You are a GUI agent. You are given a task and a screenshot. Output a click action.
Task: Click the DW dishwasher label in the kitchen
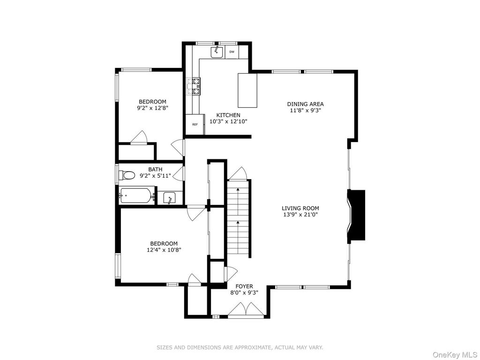232,52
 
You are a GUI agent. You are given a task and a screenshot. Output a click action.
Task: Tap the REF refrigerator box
195,124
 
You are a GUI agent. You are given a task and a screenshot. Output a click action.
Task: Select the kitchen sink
217,52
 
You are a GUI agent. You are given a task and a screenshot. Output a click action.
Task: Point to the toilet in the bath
127,175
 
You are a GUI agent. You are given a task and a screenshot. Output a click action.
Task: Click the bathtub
135,195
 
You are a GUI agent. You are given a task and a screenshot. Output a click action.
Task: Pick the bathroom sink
169,197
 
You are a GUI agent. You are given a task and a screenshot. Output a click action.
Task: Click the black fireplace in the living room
356,215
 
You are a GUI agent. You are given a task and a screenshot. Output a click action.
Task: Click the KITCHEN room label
228,115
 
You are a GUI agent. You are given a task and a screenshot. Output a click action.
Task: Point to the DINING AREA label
305,104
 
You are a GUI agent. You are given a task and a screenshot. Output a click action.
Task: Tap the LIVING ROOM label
300,209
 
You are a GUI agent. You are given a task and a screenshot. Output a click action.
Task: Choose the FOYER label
244,286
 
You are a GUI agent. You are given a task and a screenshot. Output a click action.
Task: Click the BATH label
155,169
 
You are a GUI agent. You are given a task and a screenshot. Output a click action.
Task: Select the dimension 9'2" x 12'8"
153,108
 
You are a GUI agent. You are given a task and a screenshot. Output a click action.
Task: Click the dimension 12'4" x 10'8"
164,250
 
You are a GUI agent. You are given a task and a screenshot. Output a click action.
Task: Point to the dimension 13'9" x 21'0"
300,215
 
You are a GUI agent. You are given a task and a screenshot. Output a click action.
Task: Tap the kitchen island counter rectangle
247,90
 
